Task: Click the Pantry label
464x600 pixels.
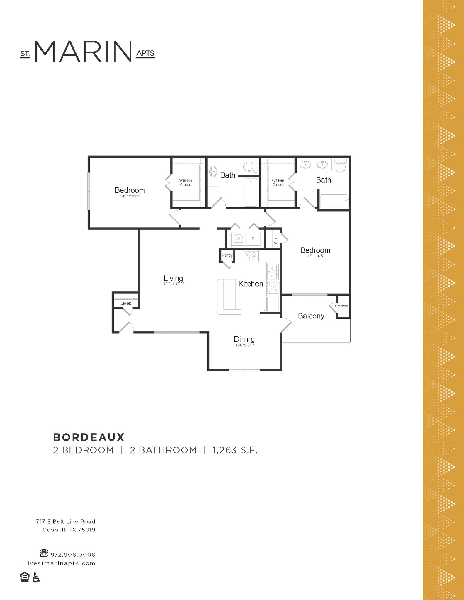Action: tap(227, 255)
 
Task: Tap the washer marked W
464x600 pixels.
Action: tap(238, 239)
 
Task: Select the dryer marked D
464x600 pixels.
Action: tap(253, 239)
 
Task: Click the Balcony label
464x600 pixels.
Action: tap(311, 316)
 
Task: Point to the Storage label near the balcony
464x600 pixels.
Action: tap(341, 306)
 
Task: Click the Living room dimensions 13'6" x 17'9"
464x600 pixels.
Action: tap(174, 284)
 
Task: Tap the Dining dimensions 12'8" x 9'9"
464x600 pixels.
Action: tap(244, 345)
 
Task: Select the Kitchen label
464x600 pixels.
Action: tap(251, 284)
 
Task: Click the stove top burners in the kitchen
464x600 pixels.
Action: tap(251, 256)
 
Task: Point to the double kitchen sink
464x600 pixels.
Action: tap(273, 272)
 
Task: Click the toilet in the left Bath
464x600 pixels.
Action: tap(249, 167)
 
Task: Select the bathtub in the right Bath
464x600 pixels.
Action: tap(334, 201)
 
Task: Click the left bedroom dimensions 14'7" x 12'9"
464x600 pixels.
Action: tap(130, 196)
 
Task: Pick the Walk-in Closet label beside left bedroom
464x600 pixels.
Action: tap(186, 183)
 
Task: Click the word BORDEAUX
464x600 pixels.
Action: tap(89, 437)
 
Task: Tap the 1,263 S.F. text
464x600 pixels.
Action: tap(235, 450)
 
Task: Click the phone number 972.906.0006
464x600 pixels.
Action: tap(73, 555)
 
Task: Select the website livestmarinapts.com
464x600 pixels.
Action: tap(60, 563)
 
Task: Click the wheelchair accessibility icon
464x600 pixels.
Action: tap(36, 577)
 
